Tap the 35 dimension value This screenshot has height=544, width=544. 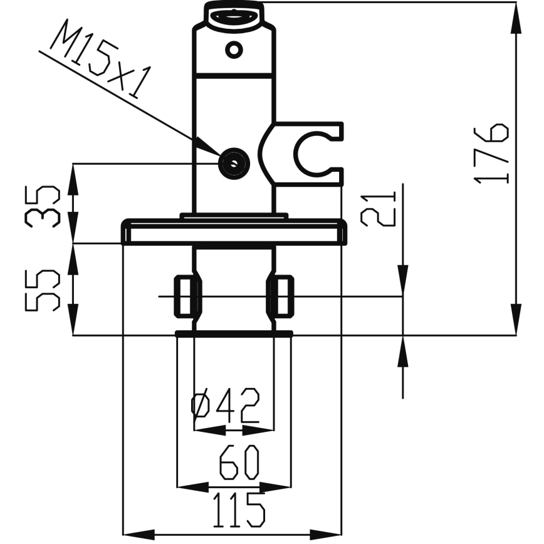43,206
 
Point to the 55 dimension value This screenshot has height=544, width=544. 43,290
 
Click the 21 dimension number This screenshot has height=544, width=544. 378,209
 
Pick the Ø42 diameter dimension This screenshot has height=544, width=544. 225,405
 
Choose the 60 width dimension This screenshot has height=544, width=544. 239,462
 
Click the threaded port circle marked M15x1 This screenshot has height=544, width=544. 234,164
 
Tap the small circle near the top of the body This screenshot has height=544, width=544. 234,50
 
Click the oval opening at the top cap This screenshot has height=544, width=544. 234,16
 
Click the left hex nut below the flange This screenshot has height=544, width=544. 187,296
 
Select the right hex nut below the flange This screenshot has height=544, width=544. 280,296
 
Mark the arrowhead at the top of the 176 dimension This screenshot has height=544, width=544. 516,18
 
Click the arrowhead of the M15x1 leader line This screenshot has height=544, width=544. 208,147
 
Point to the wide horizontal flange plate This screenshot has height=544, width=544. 234,232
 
